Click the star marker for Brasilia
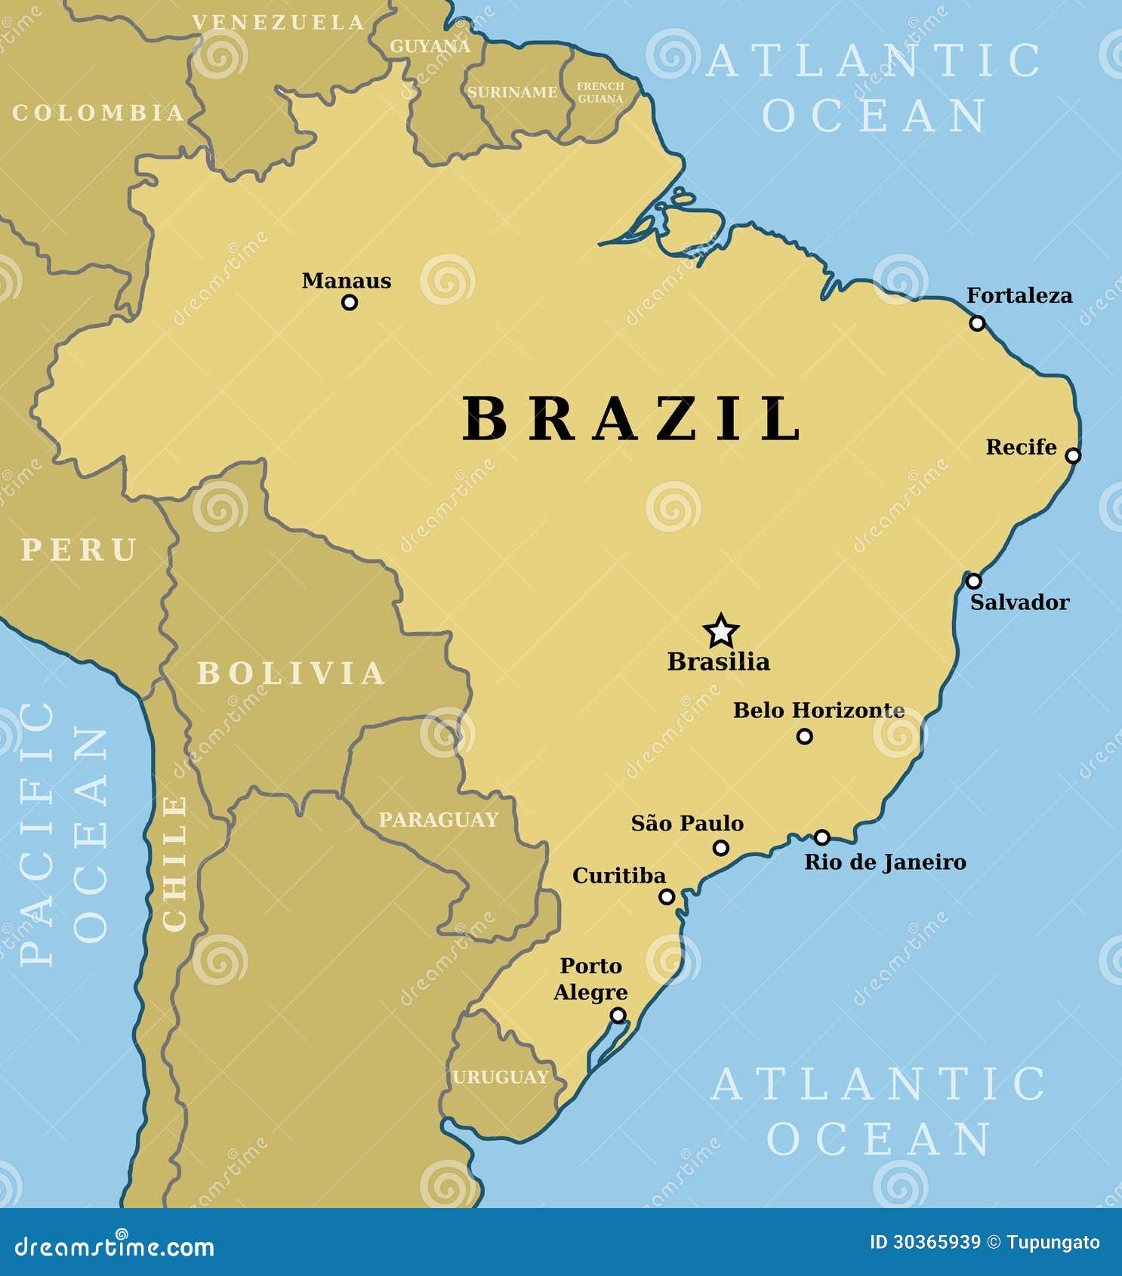tap(720, 630)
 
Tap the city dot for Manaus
tap(349, 303)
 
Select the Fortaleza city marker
tap(977, 323)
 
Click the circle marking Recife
tap(1073, 455)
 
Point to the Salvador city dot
tap(974, 581)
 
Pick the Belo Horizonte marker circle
tap(805, 736)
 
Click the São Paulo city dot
tap(721, 848)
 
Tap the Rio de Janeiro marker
tap(822, 837)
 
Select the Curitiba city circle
tap(667, 897)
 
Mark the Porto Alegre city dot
tap(618, 1016)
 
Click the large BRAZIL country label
tap(632, 418)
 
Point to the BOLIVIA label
tap(291, 673)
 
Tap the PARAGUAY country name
tap(438, 819)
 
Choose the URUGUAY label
tap(500, 1077)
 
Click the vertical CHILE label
tap(175, 863)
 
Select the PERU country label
tap(79, 549)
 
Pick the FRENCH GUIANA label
tap(600, 92)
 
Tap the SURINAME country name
tap(512, 92)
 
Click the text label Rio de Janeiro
tap(885, 862)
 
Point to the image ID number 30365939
tap(936, 1242)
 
